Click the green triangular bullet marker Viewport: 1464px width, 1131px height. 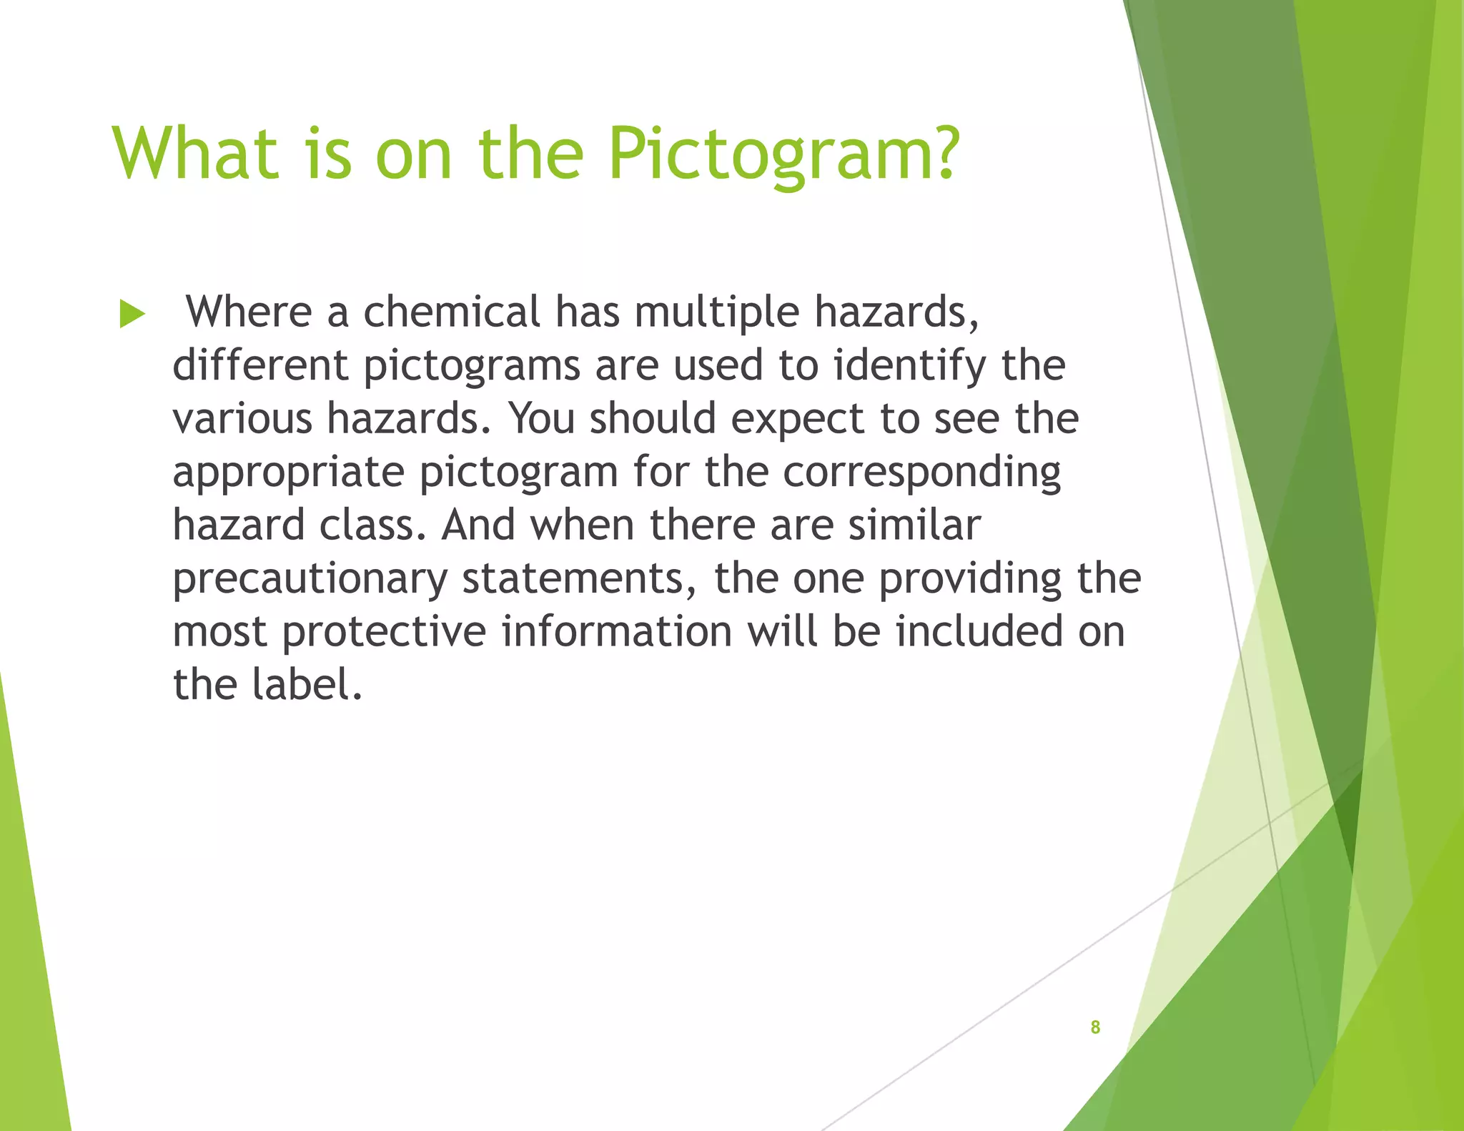click(x=132, y=315)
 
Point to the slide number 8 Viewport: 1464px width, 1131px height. click(x=1094, y=1027)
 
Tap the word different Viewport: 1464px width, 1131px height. click(x=260, y=365)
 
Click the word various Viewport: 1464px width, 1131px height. click(x=242, y=419)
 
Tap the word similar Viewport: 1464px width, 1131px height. click(x=914, y=525)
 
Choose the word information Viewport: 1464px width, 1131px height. click(x=617, y=632)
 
